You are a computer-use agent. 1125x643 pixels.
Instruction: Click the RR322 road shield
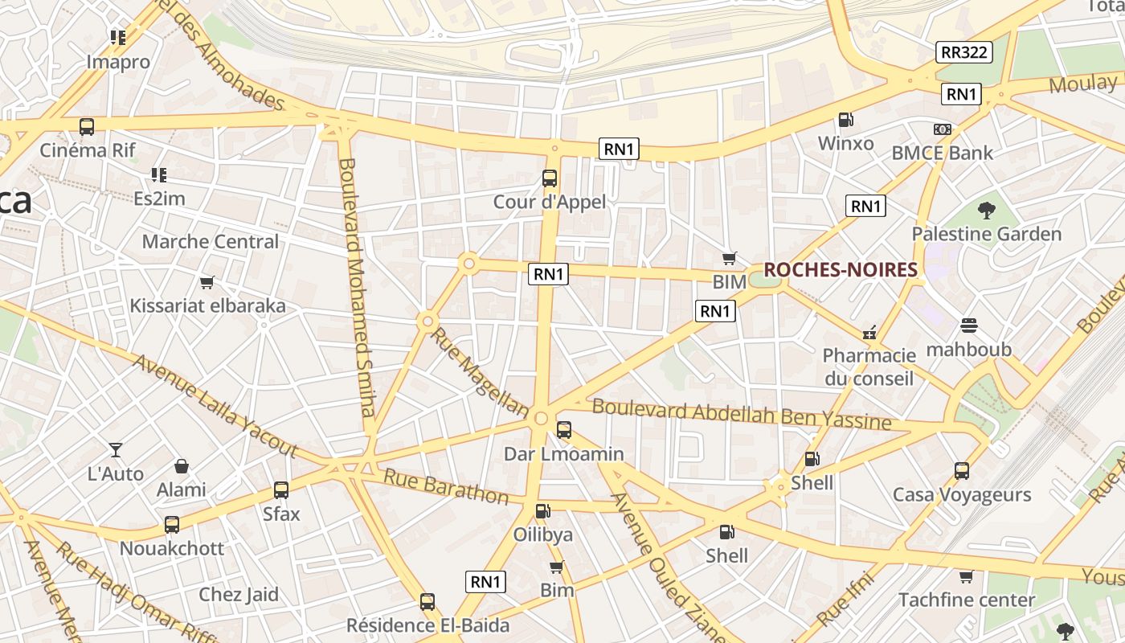pos(964,52)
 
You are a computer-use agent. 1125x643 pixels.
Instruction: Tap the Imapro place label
pos(118,62)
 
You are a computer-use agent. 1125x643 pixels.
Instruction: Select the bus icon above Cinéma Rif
pos(86,127)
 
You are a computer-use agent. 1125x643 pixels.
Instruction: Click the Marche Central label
pos(211,241)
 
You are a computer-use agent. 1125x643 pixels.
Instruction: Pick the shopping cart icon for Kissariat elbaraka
pos(207,282)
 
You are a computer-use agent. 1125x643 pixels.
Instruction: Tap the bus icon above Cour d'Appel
pos(550,178)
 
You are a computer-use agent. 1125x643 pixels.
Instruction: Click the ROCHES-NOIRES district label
pos(840,270)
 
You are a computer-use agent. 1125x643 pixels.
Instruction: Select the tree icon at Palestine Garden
pos(986,211)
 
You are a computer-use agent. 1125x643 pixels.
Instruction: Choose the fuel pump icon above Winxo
pos(845,120)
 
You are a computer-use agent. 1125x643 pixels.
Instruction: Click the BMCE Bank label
pos(942,153)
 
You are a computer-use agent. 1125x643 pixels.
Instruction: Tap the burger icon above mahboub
pos(968,326)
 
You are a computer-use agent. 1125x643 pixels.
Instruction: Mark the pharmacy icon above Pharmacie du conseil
pos(869,332)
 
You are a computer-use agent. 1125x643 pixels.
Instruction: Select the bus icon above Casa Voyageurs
pos(962,470)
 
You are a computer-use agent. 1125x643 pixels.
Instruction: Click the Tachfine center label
pos(967,600)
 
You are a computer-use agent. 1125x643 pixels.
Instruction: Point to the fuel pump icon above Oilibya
pos(543,510)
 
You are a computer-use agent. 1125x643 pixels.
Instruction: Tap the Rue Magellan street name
pos(480,371)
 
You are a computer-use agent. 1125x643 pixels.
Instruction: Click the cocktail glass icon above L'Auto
pos(116,450)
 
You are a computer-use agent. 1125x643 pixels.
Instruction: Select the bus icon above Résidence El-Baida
pos(427,601)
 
